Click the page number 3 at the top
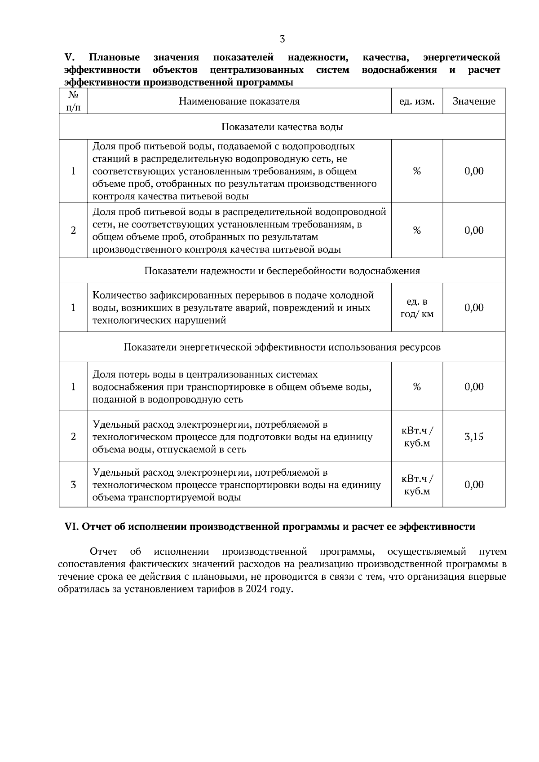(282, 39)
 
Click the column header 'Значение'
(474, 101)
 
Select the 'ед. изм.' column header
(417, 101)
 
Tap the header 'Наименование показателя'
(239, 101)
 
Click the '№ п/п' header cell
(73, 101)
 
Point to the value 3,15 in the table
(474, 437)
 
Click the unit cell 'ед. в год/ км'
(417, 308)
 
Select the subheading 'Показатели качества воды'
(282, 127)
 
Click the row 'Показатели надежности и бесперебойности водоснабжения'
(282, 271)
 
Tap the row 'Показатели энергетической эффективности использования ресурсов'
(282, 347)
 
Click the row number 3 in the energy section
(73, 485)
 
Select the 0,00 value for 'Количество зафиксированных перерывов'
(474, 308)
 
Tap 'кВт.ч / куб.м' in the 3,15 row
(417, 437)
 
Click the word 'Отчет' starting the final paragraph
(103, 552)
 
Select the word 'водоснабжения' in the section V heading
(399, 70)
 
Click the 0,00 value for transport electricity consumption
(474, 485)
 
